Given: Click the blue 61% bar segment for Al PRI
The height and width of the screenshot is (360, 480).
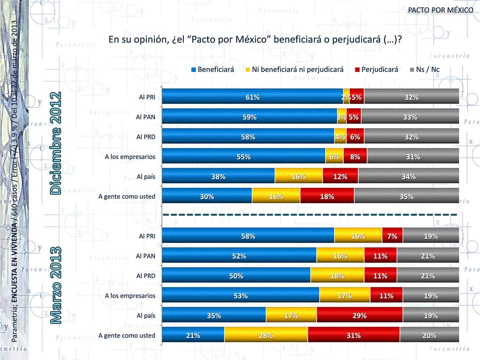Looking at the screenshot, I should pyautogui.click(x=253, y=97).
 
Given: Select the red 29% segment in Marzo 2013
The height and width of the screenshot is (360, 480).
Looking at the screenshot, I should pyautogui.click(x=360, y=316).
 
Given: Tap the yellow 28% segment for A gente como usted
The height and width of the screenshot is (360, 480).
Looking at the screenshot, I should pyautogui.click(x=266, y=336).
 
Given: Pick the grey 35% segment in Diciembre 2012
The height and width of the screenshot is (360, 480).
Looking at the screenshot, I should pyautogui.click(x=406, y=196).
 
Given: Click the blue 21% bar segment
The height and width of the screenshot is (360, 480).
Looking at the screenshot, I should pyautogui.click(x=193, y=336).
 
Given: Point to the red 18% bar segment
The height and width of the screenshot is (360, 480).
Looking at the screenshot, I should pyautogui.click(x=327, y=196).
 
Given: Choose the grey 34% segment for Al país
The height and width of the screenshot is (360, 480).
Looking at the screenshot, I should pyautogui.click(x=408, y=176).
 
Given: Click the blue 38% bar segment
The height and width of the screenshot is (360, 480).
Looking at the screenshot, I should pyautogui.click(x=219, y=176).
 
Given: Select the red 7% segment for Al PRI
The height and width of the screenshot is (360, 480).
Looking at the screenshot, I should pyautogui.click(x=392, y=236).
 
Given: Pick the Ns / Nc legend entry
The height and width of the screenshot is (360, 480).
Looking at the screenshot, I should pyautogui.click(x=428, y=69).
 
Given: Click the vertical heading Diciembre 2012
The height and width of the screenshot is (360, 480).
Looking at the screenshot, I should pyautogui.click(x=55, y=143).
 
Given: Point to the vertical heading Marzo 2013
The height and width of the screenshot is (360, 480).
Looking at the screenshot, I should pyautogui.click(x=55, y=284).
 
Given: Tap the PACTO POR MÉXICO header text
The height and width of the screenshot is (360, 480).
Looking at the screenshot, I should pyautogui.click(x=441, y=10).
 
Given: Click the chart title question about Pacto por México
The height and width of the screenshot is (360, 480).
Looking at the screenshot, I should pyautogui.click(x=256, y=39).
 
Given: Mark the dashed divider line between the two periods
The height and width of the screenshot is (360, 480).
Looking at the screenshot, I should pyautogui.click(x=310, y=215).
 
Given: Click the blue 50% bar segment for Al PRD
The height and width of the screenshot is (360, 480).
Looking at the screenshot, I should pyautogui.click(x=237, y=276).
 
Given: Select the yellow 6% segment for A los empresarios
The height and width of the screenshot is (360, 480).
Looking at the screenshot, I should pyautogui.click(x=334, y=157).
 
